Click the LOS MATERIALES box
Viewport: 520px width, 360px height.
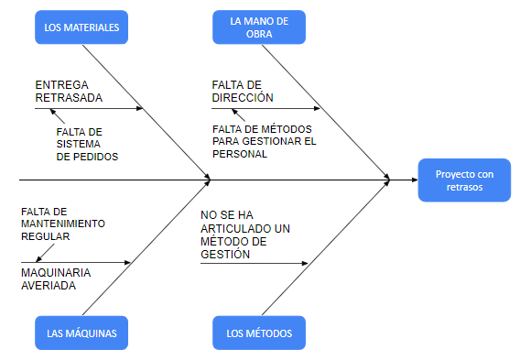[81, 27]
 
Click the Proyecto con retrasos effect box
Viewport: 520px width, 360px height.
[463, 180]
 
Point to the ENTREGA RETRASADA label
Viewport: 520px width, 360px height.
[70, 90]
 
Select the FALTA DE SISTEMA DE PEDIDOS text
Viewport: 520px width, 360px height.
[87, 144]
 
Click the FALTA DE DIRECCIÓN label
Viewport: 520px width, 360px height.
[243, 90]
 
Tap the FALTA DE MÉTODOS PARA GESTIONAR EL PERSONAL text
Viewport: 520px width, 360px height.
[265, 141]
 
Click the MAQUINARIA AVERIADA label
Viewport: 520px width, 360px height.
[54, 278]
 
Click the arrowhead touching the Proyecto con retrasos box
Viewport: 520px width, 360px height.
[387, 180]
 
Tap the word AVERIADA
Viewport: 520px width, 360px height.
[49, 285]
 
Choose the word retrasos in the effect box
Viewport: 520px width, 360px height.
[463, 186]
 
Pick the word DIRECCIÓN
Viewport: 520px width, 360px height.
[243, 96]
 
